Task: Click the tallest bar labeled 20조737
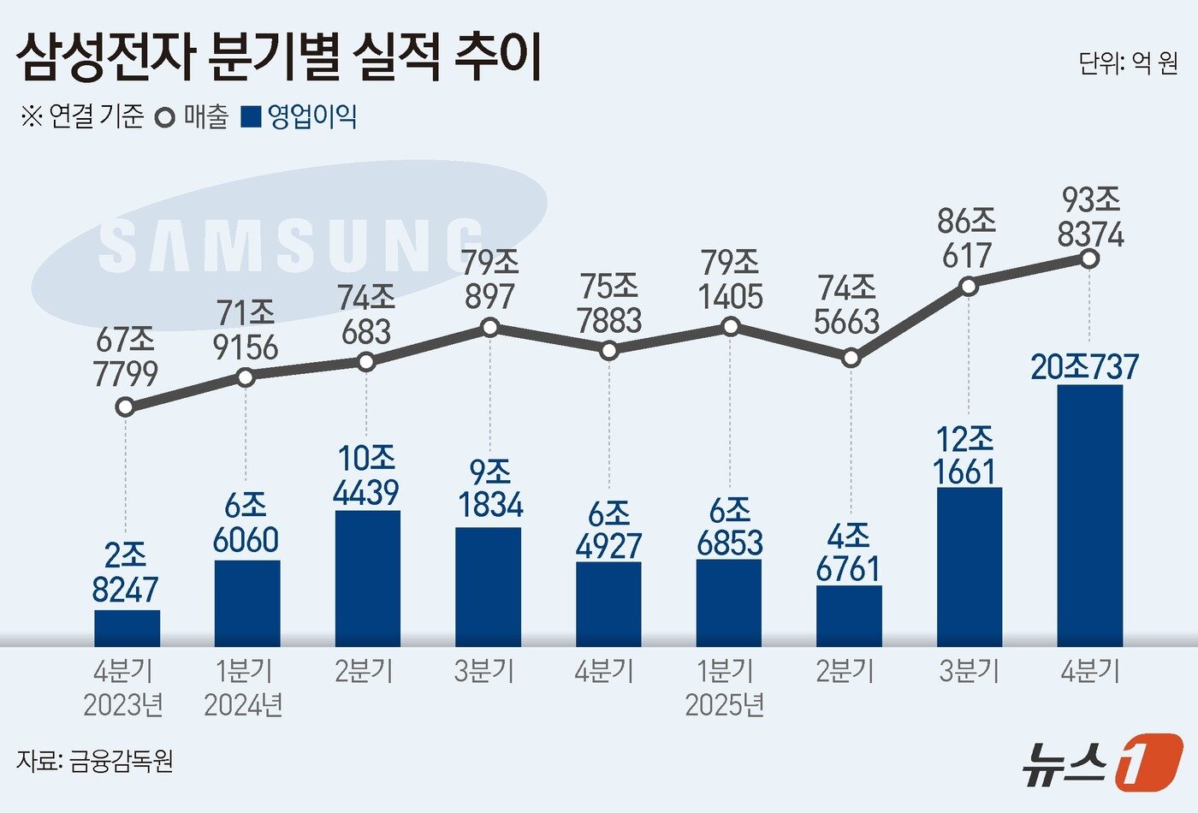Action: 1089,515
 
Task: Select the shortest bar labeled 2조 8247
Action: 127,628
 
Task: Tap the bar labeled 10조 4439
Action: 367,579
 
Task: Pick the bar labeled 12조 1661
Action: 969,567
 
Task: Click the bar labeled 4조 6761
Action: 849,616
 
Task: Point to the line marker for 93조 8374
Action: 1089,258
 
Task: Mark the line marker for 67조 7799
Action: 126,407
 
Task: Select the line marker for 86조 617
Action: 969,286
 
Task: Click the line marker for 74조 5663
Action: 850,359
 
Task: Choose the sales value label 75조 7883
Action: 609,304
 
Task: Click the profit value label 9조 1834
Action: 490,490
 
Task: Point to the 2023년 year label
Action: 123,705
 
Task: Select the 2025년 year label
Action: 725,705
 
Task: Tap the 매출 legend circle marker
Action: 165,117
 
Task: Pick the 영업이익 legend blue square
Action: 251,117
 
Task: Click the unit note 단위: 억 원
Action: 1128,63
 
